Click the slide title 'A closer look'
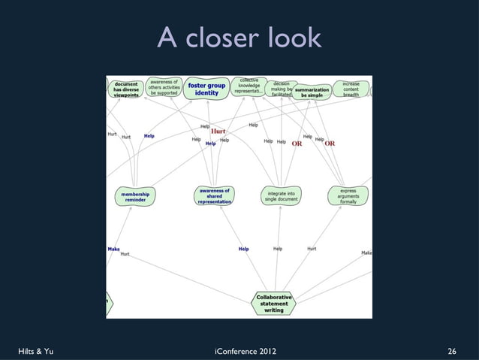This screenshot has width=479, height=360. click(x=239, y=37)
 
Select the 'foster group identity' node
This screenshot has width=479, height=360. click(x=206, y=89)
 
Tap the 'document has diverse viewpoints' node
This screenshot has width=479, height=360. click(x=125, y=89)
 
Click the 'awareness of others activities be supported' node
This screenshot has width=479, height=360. click(x=163, y=87)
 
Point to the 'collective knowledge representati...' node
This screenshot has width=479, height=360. click(x=249, y=86)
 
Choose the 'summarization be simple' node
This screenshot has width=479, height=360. click(x=312, y=92)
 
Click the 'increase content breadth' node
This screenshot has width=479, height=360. click(x=351, y=89)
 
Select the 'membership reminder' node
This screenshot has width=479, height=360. click(x=136, y=196)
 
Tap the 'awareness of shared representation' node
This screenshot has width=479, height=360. click(x=214, y=196)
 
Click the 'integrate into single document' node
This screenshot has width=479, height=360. click(x=281, y=196)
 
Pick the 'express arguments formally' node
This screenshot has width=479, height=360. click(x=348, y=196)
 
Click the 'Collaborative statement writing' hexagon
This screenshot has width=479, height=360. click(x=274, y=303)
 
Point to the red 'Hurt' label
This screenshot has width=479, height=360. click(x=218, y=131)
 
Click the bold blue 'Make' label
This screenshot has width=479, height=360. click(x=113, y=249)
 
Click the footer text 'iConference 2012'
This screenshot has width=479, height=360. click(x=239, y=351)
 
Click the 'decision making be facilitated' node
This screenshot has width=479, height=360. click(x=282, y=89)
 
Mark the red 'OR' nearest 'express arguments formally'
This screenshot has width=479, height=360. click(x=329, y=144)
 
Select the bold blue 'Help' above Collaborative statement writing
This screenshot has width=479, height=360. click(x=243, y=249)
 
